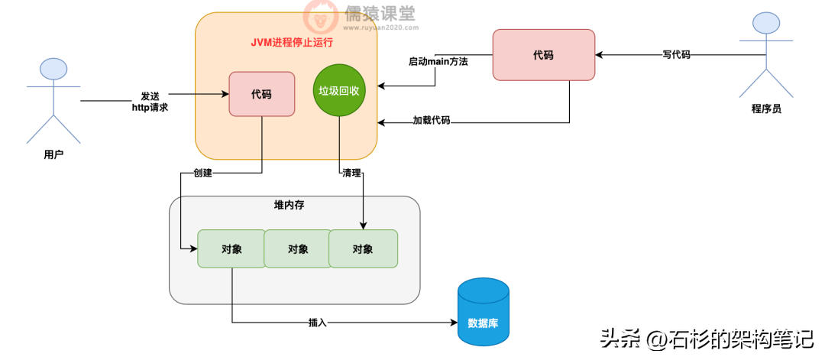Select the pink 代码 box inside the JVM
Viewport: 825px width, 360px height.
point(262,94)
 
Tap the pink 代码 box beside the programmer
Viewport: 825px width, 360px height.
point(543,55)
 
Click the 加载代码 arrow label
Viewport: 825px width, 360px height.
point(432,121)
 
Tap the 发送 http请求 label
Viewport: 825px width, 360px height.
point(150,102)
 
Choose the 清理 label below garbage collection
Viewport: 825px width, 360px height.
point(351,174)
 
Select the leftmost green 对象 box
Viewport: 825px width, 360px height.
point(231,248)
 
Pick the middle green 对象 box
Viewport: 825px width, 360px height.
point(298,248)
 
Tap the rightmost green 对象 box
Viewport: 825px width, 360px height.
point(363,248)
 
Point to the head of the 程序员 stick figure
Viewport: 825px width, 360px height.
point(766,23)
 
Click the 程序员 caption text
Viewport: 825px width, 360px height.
point(766,109)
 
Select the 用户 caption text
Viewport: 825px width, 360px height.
point(53,154)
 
